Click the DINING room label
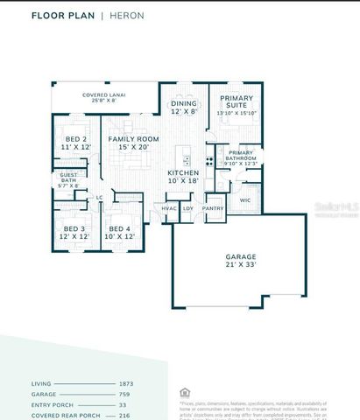coord(184,107)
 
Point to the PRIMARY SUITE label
coord(236,106)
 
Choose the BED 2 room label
coord(76,143)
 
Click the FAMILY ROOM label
coord(134,143)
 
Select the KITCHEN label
coord(184,177)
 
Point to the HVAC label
coord(169,208)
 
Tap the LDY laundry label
coord(187,208)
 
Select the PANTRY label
coord(213,208)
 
